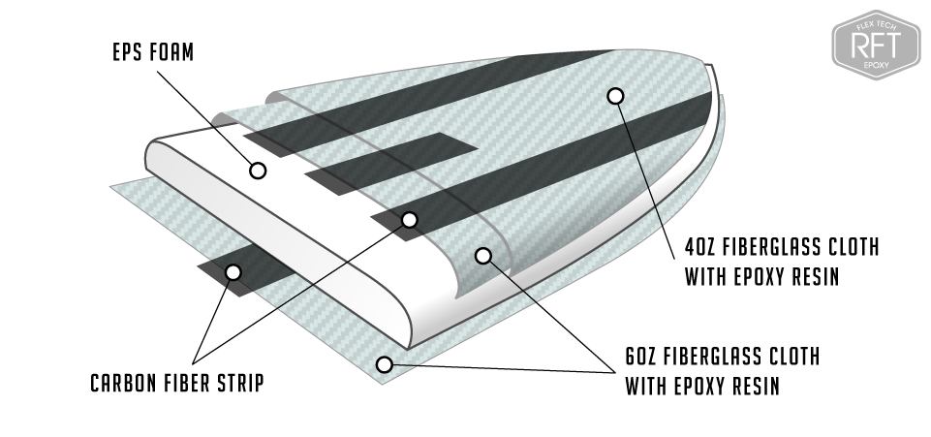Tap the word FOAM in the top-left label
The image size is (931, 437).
174,52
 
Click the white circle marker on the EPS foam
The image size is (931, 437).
258,171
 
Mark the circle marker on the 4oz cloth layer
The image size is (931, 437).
614,95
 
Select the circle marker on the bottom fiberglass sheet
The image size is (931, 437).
385,364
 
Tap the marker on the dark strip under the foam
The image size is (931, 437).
233,271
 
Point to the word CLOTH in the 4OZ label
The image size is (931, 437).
850,247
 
